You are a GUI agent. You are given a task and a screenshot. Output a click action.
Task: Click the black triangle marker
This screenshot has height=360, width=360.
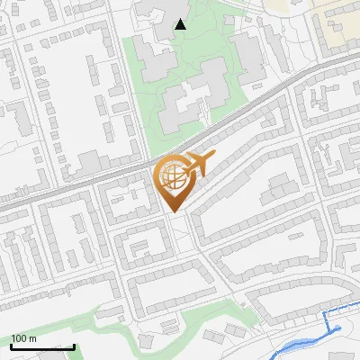181,24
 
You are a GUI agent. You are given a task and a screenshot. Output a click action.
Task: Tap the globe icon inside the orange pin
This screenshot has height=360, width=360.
171,177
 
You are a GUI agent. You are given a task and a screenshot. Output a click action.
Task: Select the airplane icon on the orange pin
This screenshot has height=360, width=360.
197,165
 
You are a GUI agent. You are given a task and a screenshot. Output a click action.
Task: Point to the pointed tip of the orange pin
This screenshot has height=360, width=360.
173,212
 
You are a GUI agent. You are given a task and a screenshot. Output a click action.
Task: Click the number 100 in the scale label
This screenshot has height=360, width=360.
19,338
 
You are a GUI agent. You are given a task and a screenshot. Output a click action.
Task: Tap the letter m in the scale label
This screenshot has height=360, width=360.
32,338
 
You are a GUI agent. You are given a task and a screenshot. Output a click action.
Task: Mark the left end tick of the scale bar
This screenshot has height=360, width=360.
12,346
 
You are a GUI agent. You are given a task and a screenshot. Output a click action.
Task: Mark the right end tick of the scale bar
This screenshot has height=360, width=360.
74,346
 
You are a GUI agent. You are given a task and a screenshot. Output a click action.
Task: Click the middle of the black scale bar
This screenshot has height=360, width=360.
42,347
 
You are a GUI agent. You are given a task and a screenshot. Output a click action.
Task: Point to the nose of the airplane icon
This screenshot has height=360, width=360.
213,157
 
